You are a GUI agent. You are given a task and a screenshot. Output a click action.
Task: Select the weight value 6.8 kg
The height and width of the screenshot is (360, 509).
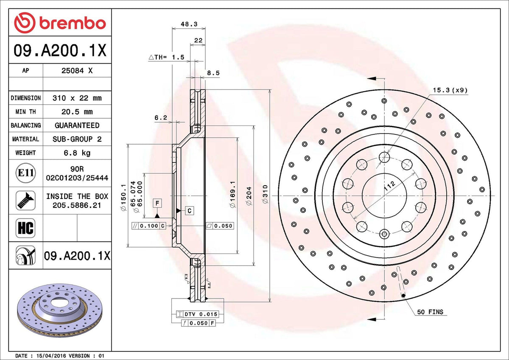point(77,153)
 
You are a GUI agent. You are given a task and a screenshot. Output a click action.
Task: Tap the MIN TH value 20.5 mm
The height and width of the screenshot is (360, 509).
point(77,112)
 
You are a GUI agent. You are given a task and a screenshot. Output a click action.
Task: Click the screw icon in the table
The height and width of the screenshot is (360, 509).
point(25,200)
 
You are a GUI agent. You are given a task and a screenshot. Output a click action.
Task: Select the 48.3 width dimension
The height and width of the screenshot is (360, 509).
point(189,24)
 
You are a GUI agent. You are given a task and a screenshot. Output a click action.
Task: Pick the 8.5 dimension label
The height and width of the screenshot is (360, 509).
point(213,73)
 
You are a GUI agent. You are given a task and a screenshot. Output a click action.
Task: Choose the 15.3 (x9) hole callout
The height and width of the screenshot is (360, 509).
point(450,89)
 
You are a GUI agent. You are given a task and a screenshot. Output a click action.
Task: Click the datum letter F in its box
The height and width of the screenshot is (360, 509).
point(157,203)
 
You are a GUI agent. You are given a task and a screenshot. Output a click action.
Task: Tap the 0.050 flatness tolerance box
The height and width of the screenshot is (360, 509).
point(219,226)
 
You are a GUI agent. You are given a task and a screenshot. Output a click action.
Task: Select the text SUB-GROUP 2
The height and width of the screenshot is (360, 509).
point(77,139)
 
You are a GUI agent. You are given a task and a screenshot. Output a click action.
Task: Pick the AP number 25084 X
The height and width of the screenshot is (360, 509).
point(77,71)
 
